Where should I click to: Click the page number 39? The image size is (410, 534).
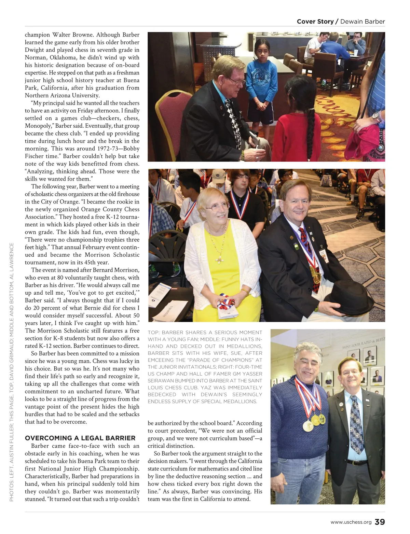[x=380, y=522]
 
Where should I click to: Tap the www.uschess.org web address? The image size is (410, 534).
[x=351, y=522]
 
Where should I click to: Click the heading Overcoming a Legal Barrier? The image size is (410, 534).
[x=80, y=438]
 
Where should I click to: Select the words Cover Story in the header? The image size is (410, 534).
[x=315, y=22]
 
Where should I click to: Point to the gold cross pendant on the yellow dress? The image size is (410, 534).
[x=218, y=261]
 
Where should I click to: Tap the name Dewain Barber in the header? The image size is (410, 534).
[x=363, y=22]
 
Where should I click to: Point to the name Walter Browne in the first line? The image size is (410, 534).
[x=73, y=35]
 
